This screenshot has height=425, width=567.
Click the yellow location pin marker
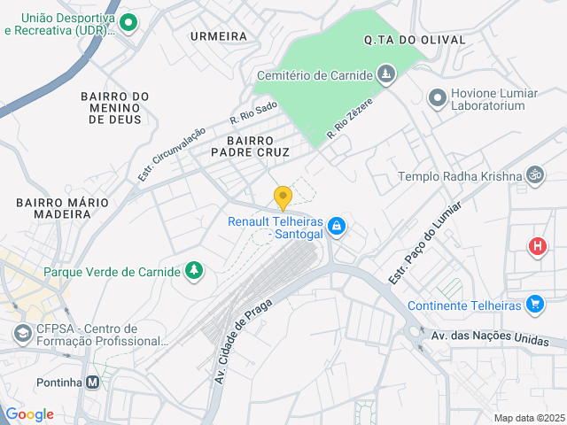283,198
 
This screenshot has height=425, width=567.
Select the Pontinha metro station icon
93,382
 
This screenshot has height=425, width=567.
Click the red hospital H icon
536,246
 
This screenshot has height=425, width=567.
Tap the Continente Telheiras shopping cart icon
534,305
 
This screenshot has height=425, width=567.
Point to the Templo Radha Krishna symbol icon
534,175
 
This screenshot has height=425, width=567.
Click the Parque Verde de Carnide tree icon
193,271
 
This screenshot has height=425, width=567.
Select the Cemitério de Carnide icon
385,74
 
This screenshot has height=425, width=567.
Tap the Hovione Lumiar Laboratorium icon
437,97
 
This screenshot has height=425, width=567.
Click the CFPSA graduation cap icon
21,334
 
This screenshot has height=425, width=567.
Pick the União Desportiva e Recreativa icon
128,23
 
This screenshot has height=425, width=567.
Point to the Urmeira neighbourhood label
218,36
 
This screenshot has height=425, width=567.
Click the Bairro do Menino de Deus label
115,108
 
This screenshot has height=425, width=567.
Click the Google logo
29,414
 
